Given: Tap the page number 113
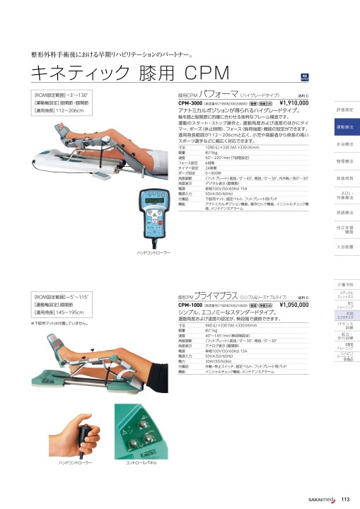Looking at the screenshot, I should (345, 500).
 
